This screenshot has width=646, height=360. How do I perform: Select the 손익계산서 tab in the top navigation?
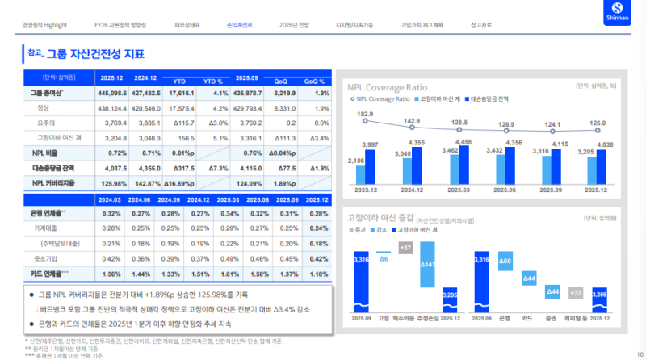click(240, 25)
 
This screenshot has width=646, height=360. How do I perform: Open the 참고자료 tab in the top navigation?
click(484, 25)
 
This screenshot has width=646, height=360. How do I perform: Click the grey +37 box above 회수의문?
click(406, 247)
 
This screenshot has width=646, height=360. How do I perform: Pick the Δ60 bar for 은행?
click(505, 262)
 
